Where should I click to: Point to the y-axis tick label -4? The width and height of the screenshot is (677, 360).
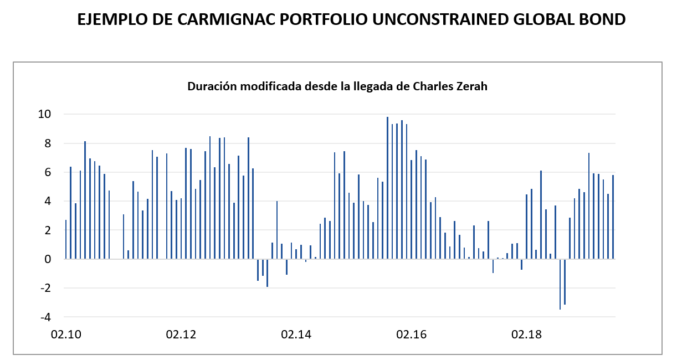pyautogui.click(x=45, y=317)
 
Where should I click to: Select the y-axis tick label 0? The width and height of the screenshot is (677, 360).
pyautogui.click(x=48, y=259)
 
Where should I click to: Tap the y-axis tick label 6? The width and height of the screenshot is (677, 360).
pyautogui.click(x=48, y=173)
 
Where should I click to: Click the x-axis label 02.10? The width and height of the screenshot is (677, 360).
pyautogui.click(x=65, y=335)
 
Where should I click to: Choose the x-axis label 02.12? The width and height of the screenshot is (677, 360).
pyautogui.click(x=181, y=335)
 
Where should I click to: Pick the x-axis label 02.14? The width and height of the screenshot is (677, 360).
pyautogui.click(x=296, y=335)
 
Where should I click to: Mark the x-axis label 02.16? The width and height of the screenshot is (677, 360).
pyautogui.click(x=412, y=335)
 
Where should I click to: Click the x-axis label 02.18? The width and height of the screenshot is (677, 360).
pyautogui.click(x=527, y=335)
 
